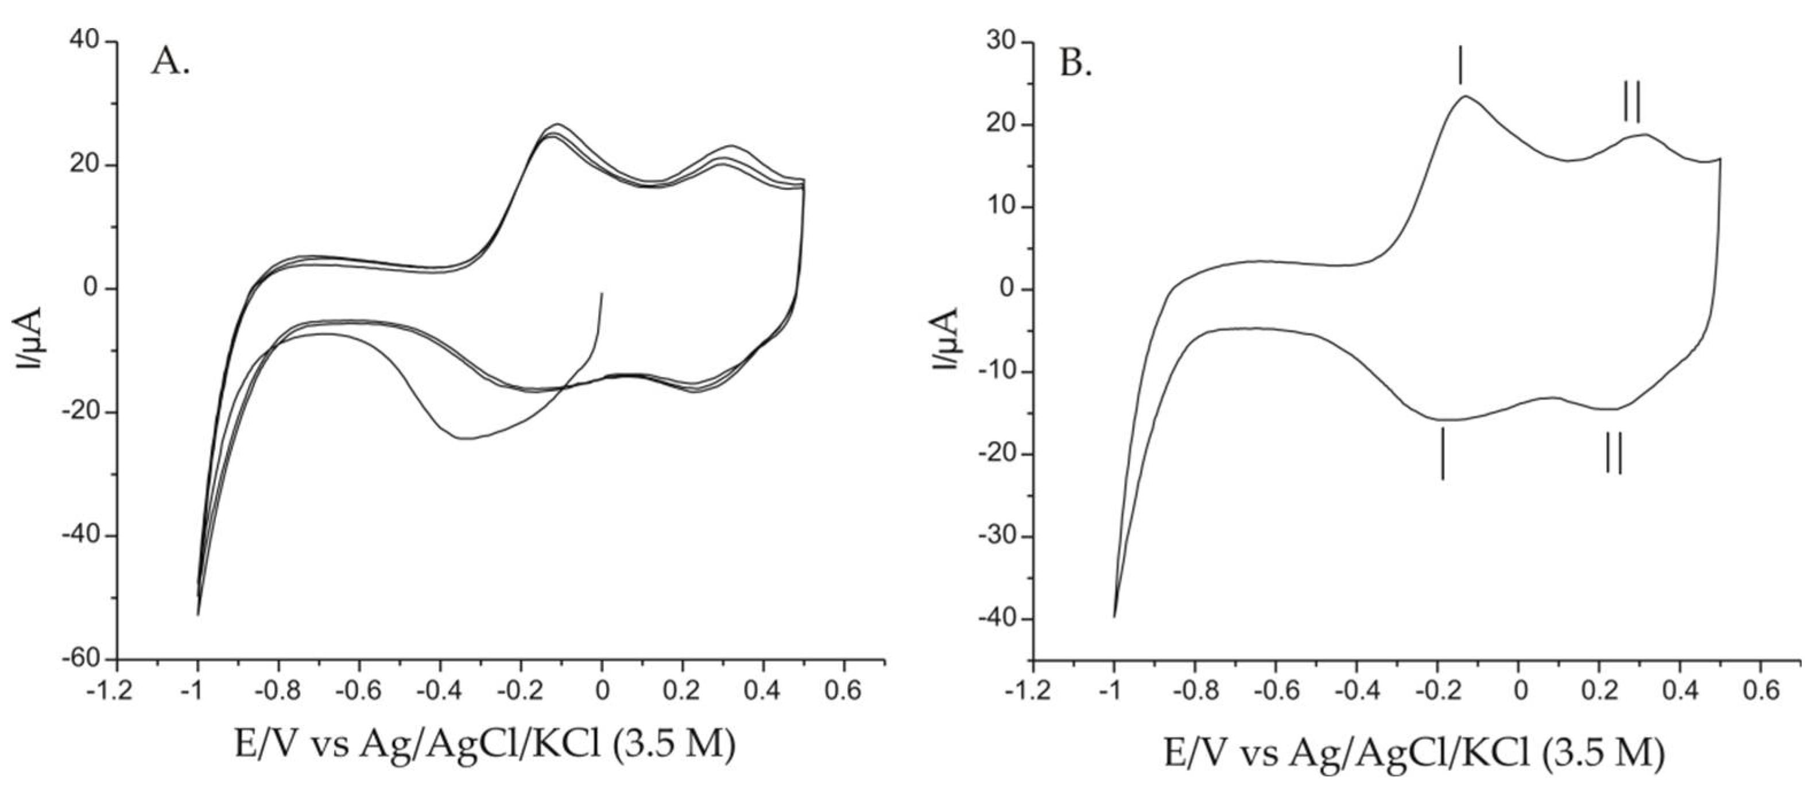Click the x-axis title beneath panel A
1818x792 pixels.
click(x=485, y=745)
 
